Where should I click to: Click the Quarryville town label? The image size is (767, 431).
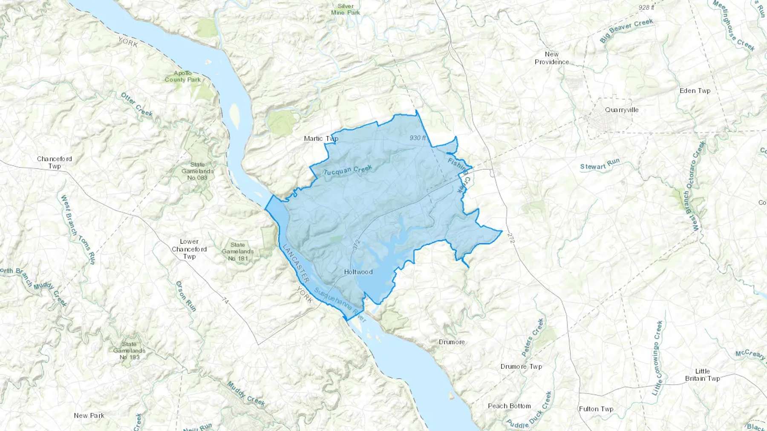[622, 110]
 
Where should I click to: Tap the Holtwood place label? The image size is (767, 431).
[358, 272]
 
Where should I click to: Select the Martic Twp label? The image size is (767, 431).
[321, 138]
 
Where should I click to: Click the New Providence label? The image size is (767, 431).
[552, 58]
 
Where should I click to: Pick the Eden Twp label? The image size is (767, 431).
[695, 91]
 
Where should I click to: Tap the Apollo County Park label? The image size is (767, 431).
[183, 77]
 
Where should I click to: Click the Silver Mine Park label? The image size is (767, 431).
[346, 9]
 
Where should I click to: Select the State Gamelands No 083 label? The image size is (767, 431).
[197, 171]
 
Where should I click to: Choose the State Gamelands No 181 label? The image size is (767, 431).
[238, 251]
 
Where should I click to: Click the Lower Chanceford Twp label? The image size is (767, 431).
[189, 249]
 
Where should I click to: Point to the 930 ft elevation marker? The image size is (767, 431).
[418, 138]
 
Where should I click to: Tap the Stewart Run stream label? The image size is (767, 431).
[600, 164]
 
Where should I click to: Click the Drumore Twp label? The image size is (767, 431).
[521, 366]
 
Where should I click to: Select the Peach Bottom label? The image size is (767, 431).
[509, 406]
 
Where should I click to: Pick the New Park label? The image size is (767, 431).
[89, 415]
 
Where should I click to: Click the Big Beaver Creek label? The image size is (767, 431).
[626, 31]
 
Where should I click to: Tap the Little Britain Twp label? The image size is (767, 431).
[702, 375]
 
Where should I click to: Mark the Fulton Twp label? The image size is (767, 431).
[596, 409]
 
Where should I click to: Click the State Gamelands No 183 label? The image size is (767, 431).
[129, 351]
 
